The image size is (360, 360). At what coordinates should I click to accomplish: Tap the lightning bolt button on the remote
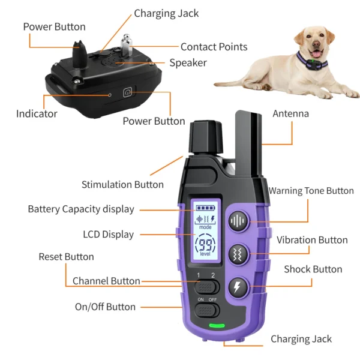[x=238, y=287]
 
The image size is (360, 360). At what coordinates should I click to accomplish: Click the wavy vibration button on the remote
[x=238, y=254]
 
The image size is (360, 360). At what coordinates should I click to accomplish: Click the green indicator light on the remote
[x=217, y=325]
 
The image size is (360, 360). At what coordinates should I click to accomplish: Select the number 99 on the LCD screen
[x=205, y=245]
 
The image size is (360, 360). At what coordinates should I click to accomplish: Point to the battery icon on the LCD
[x=205, y=208]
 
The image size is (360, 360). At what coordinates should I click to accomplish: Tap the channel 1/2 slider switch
[x=206, y=287]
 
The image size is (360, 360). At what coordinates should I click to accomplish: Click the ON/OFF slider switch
[x=206, y=310]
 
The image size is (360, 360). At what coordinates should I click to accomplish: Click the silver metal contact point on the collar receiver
[x=127, y=45]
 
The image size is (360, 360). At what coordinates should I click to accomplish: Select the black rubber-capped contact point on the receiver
[x=80, y=54]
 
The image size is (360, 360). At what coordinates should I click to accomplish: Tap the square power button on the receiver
[x=128, y=92]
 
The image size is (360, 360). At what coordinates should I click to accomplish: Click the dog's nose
[x=316, y=44]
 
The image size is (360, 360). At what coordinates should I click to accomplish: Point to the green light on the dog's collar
[x=313, y=61]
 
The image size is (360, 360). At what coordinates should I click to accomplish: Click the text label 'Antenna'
[x=290, y=113]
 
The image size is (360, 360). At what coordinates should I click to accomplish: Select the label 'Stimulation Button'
[x=122, y=185]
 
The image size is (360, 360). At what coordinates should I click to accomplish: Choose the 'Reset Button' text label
[x=67, y=257]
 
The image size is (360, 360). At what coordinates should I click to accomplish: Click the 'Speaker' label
[x=188, y=63]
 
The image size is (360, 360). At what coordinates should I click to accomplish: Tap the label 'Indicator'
[x=37, y=114]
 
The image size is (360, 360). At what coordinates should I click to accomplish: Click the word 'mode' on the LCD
[x=205, y=227]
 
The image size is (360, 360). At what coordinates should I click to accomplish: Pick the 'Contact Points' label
[x=214, y=47]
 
